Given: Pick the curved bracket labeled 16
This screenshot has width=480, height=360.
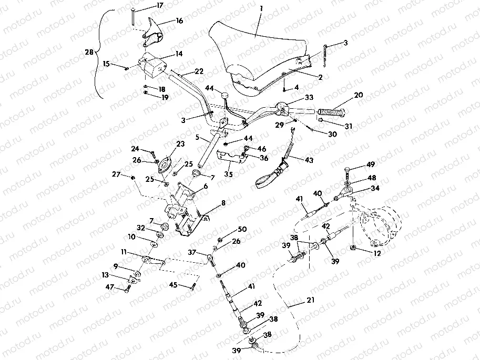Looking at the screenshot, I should click(x=154, y=32).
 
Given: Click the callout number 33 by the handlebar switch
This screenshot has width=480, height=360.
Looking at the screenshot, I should click(x=309, y=97).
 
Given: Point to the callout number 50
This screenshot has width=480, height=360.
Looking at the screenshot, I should click(x=242, y=230).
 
